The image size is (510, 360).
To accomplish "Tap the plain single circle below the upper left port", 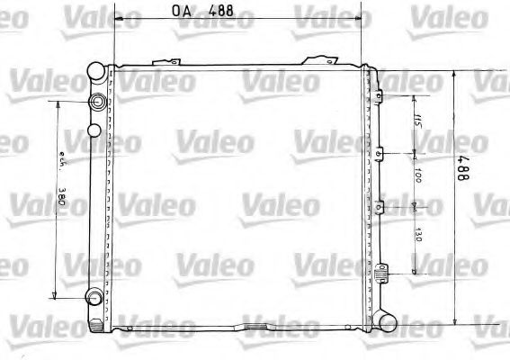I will [x=94, y=131].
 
